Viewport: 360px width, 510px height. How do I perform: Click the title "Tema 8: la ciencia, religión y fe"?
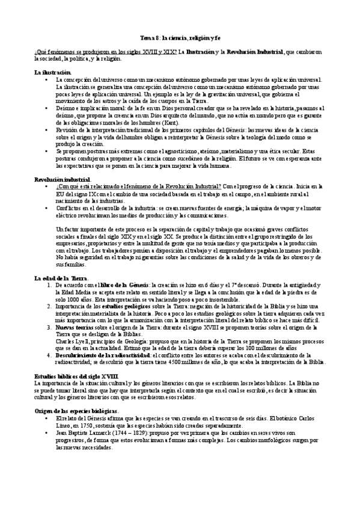pyautogui.click(x=179, y=37)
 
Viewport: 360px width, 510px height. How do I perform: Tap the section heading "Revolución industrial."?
pyautogui.click(x=63, y=179)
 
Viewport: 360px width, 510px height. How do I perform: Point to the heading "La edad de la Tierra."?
pyautogui.click(x=61, y=278)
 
